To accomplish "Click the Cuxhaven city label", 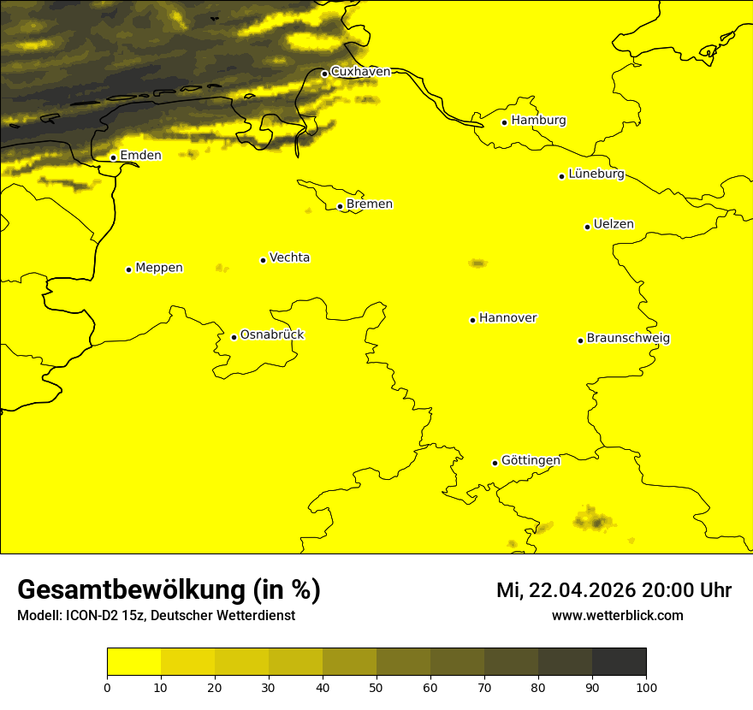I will pos(360,72).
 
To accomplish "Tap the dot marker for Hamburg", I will pos(505,122).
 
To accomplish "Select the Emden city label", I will pos(140,155).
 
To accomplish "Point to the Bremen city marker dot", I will pos(340,206).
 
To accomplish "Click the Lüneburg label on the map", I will pos(596,175).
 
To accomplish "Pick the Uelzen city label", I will pos(614,225).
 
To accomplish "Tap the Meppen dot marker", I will pos(129,269).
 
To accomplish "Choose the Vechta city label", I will pos(289,257).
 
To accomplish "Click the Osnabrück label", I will pos(272,334).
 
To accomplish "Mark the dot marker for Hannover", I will pos(472,320).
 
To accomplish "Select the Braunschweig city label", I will pos(628,339).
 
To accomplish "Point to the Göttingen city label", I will pos(531,460).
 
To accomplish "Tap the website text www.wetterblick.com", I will pos(618,615).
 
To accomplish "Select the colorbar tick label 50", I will pos(376,687).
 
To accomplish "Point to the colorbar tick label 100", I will pos(646,687).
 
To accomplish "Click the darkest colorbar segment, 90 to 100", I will pos(619,661).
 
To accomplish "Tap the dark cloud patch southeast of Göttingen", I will pos(594,520).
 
